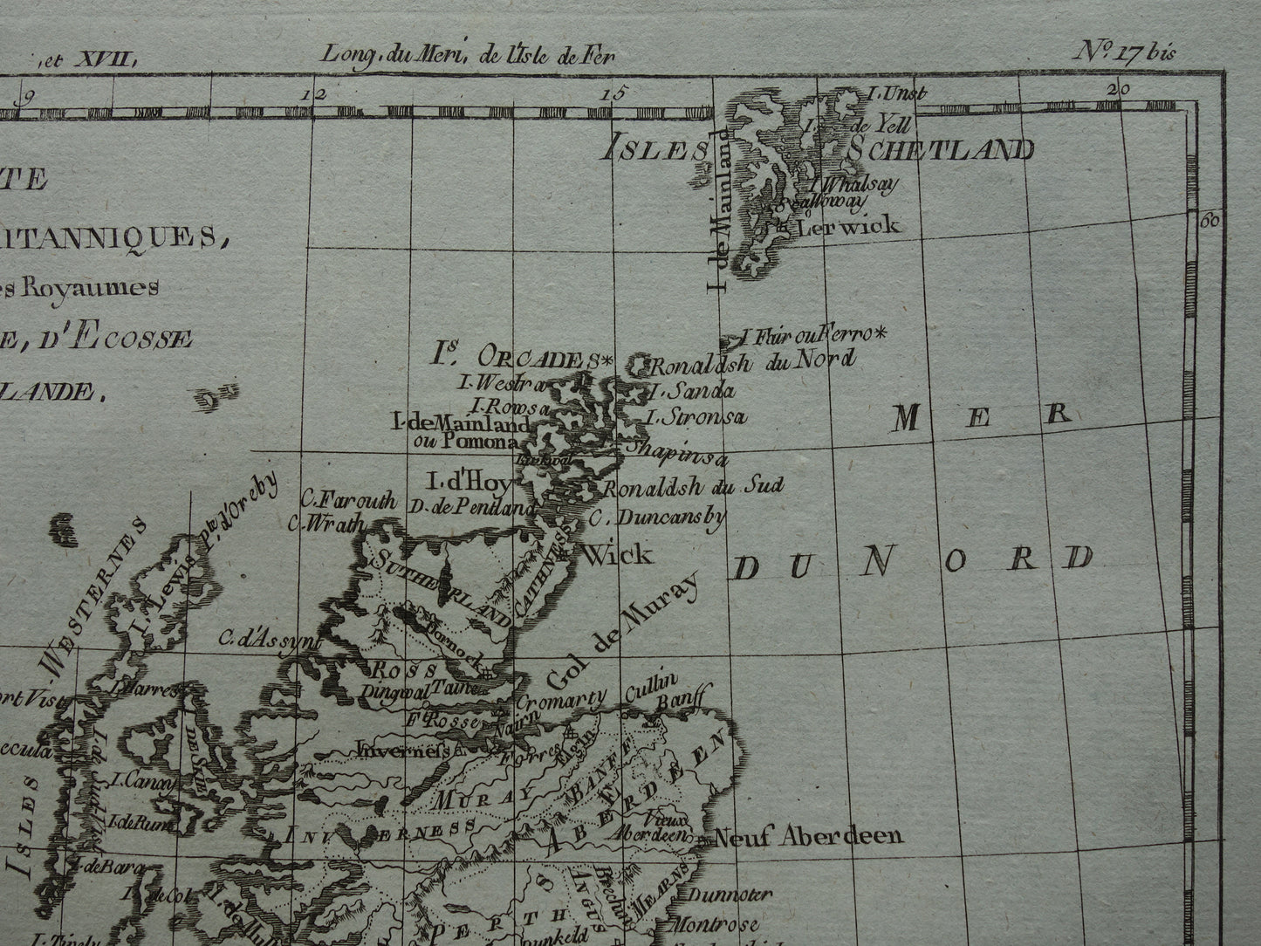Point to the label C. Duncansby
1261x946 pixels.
(658, 518)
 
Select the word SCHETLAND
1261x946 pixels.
(938, 150)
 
